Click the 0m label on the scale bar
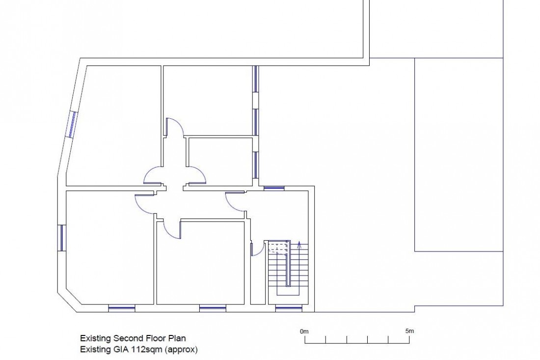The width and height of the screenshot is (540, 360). (304, 332)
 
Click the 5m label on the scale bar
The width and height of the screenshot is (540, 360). (409, 331)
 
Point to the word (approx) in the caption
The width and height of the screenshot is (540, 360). (182, 350)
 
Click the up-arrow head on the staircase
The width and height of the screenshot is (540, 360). (299, 244)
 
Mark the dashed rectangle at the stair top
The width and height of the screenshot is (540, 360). (277, 247)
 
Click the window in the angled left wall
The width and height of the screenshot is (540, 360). (73, 124)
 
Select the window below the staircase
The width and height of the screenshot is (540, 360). (289, 308)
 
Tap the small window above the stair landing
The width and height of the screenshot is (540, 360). (274, 188)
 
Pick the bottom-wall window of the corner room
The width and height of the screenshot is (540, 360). (122, 308)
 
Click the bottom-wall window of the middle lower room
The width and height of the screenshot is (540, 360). (213, 308)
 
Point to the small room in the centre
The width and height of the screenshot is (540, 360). (220, 161)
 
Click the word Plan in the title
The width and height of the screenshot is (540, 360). (177, 338)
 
